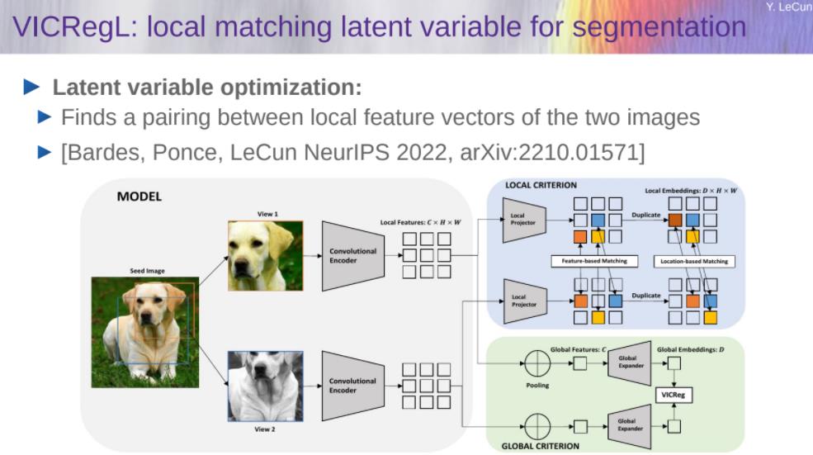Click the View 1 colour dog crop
265,255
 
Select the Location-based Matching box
694,261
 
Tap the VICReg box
674,396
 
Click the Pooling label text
536,385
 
